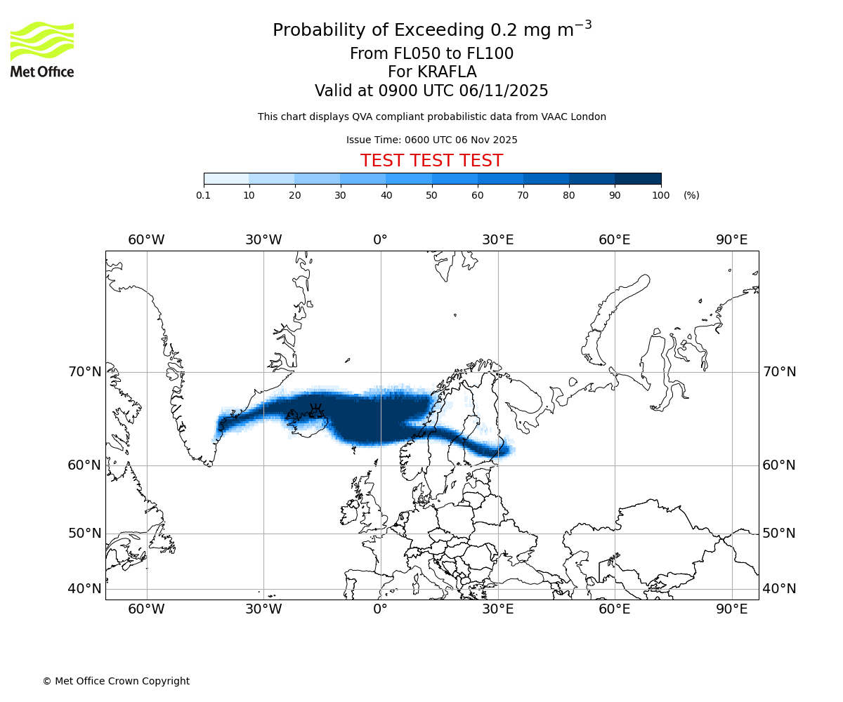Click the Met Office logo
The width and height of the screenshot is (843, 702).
(42, 49)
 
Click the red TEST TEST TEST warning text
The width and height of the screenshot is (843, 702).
(431, 161)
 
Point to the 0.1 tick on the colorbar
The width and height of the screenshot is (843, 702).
(203, 195)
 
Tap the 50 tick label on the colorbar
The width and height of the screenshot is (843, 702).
(431, 195)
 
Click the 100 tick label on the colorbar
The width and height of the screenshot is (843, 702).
(660, 195)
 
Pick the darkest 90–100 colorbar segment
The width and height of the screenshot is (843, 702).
(638, 179)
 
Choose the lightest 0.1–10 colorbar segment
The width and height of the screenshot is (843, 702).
(226, 179)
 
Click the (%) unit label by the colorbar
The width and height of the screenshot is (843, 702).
(691, 195)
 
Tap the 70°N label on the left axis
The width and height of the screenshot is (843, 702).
(84, 372)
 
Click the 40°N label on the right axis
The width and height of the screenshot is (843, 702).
(779, 589)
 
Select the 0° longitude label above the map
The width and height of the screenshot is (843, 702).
(380, 240)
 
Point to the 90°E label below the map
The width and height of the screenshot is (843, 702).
(731, 609)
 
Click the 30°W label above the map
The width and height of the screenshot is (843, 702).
(263, 240)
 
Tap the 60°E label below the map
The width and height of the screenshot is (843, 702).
(614, 609)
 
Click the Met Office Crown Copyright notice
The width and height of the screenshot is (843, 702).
(116, 681)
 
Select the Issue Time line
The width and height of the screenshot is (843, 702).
(431, 140)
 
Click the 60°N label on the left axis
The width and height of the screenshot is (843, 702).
(84, 465)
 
